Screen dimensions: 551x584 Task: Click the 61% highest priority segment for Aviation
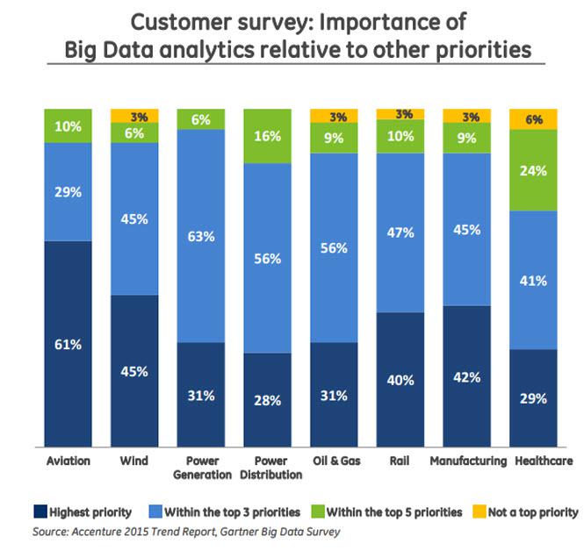tap(68, 343)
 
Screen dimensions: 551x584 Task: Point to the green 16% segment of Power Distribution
tap(267, 137)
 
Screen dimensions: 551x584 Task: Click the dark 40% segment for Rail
tap(400, 379)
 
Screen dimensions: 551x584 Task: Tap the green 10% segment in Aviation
tap(68, 125)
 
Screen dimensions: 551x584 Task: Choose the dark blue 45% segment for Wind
tap(134, 370)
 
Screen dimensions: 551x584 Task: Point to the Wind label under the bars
tap(134, 461)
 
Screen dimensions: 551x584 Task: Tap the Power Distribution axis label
tap(267, 468)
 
